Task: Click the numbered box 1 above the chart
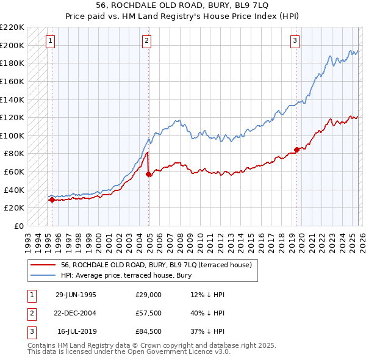49,41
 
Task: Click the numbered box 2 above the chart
147,41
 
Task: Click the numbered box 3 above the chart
295,41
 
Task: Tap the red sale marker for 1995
52,200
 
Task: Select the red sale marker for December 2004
149,174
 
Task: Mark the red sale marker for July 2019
296,149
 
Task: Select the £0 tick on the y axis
18,226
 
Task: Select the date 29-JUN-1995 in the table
76,295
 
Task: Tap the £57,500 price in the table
149,313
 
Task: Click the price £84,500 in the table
149,331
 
